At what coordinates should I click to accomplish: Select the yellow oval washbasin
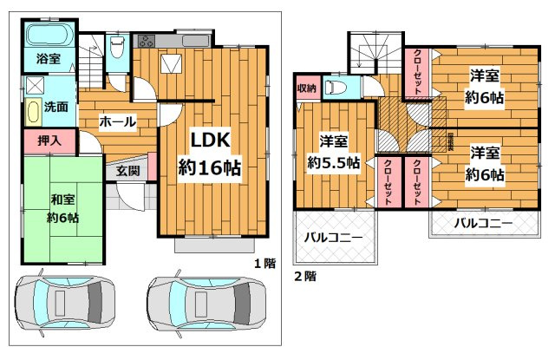(x=32, y=111)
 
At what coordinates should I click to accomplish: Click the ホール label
(x=116, y=121)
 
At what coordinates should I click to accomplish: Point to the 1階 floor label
(x=264, y=262)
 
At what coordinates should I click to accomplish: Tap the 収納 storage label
(x=305, y=88)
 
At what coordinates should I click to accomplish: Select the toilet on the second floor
(x=336, y=87)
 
